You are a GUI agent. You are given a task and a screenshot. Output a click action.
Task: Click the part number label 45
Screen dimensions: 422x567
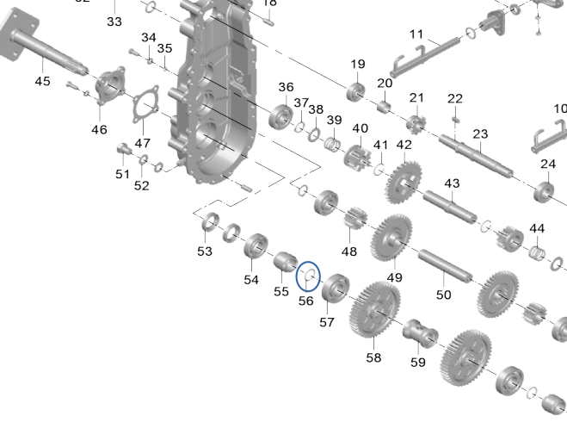42,81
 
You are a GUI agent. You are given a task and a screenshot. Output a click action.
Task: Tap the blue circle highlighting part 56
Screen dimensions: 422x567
307,277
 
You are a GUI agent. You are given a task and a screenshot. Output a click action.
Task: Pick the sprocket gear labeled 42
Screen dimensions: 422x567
403,180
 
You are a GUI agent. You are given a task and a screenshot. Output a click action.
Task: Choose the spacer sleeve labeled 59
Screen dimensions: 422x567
416,332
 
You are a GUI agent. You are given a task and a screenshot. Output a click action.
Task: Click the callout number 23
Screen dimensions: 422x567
480,133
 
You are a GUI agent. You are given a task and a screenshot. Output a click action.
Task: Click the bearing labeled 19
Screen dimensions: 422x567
354,90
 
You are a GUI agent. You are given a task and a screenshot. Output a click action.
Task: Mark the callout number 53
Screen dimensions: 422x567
204,251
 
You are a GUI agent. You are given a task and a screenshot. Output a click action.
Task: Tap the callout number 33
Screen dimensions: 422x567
114,21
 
